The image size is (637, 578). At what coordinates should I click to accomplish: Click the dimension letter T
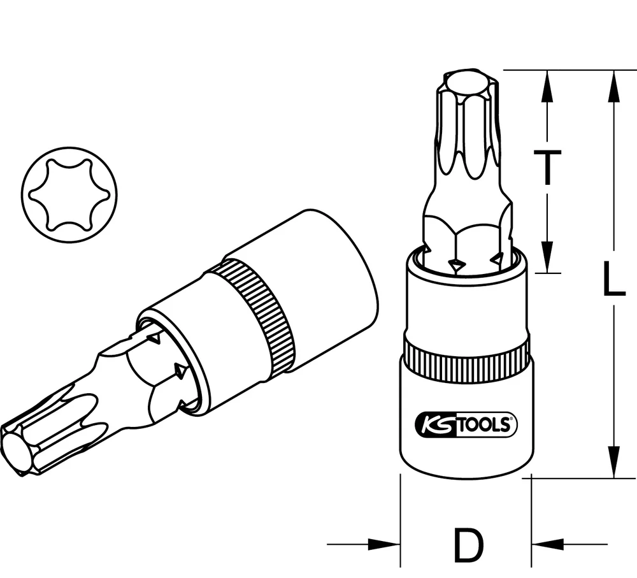[x=547, y=167]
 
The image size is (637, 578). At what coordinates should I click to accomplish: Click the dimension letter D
[x=468, y=544]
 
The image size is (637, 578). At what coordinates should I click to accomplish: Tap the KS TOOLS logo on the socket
[x=466, y=424]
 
